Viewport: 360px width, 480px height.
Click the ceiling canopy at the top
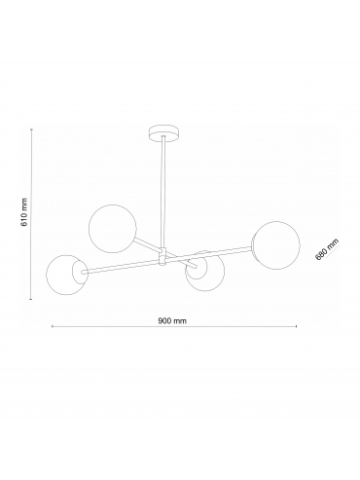coord(163,133)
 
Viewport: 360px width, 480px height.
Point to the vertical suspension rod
coord(163,193)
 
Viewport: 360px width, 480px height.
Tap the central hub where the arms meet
coord(162,256)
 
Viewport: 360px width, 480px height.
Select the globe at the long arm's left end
coord(67,275)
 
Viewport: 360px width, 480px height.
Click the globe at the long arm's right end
coord(275,245)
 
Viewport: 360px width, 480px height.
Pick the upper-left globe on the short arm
coord(113,229)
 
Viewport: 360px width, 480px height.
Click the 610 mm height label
coord(24,212)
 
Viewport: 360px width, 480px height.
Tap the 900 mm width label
coord(172,320)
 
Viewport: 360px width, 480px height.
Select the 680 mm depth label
coord(327,248)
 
